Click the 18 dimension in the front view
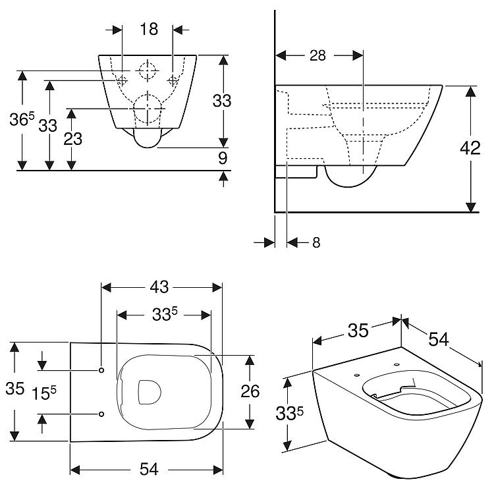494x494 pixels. click(148, 28)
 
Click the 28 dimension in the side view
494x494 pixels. click(318, 56)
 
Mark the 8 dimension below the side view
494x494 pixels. click(316, 242)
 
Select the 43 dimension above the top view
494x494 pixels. click(160, 287)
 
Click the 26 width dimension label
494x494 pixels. click(250, 391)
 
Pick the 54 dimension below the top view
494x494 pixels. click(150, 470)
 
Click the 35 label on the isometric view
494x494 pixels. click(358, 330)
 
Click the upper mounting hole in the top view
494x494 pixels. click(101, 370)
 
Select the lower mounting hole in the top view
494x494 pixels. click(101, 414)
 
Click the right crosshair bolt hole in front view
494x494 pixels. click(173, 80)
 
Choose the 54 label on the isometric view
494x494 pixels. click(439, 339)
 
